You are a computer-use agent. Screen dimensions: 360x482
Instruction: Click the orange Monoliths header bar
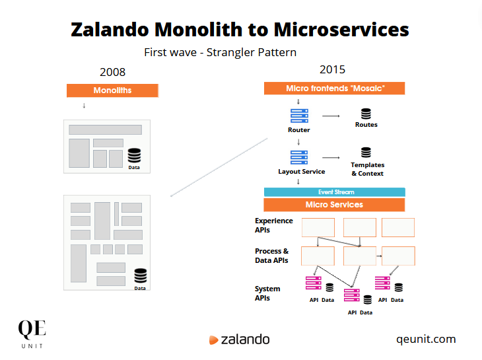[x=112, y=90]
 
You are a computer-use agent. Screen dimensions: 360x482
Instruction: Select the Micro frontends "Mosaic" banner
[x=334, y=89]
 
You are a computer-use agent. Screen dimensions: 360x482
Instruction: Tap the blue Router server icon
[x=299, y=116]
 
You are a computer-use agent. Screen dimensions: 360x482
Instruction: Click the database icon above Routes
[x=366, y=114]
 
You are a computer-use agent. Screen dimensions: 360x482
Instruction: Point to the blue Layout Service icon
[x=299, y=158]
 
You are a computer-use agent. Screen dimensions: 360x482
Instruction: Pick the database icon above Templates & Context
[x=366, y=153]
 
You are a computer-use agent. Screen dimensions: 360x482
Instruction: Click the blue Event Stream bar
[x=334, y=192]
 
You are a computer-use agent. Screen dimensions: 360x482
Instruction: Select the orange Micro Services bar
[x=334, y=205]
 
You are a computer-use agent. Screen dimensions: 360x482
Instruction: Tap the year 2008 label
[x=112, y=72]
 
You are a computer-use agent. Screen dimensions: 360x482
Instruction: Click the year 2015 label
[x=332, y=69]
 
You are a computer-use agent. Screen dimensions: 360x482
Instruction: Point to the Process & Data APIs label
[x=271, y=256]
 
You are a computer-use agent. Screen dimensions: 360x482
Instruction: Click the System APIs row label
[x=267, y=293]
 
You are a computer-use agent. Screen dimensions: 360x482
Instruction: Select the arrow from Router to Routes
[x=331, y=116]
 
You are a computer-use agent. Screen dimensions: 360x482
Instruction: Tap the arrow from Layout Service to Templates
[x=331, y=158]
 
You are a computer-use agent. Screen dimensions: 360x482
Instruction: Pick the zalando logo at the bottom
[x=239, y=340]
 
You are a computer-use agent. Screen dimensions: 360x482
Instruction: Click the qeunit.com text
[x=426, y=339]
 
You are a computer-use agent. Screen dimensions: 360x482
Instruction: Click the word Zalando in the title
[x=112, y=30]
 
